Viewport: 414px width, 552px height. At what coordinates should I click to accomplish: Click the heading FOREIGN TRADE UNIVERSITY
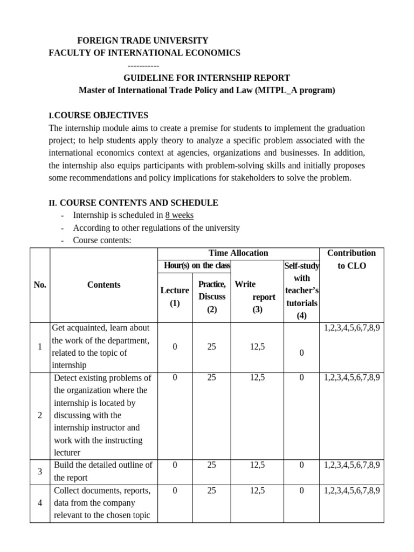click(x=142, y=40)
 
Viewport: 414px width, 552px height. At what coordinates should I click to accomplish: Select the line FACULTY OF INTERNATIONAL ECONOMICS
click(x=144, y=53)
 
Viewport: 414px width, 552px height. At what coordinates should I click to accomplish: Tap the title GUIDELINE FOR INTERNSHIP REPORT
click(x=207, y=78)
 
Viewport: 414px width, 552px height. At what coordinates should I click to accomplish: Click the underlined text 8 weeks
click(x=180, y=215)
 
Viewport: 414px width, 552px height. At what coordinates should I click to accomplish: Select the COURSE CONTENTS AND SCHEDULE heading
click(x=139, y=203)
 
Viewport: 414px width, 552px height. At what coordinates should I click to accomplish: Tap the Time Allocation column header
click(x=238, y=253)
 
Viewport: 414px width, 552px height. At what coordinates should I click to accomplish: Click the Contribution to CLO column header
click(x=351, y=259)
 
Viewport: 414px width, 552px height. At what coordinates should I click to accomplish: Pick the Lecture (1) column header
click(x=175, y=296)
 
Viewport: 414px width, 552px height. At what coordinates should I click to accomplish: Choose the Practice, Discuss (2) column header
click(x=212, y=296)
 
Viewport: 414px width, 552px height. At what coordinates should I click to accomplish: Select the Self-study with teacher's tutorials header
click(x=301, y=291)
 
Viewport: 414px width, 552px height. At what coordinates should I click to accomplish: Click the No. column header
click(x=40, y=285)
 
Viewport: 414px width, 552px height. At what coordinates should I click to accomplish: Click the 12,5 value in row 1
click(x=257, y=347)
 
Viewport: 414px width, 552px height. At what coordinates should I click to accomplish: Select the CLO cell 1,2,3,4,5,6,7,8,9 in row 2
click(x=351, y=378)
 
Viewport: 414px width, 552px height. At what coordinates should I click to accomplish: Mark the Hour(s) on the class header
click(x=197, y=265)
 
